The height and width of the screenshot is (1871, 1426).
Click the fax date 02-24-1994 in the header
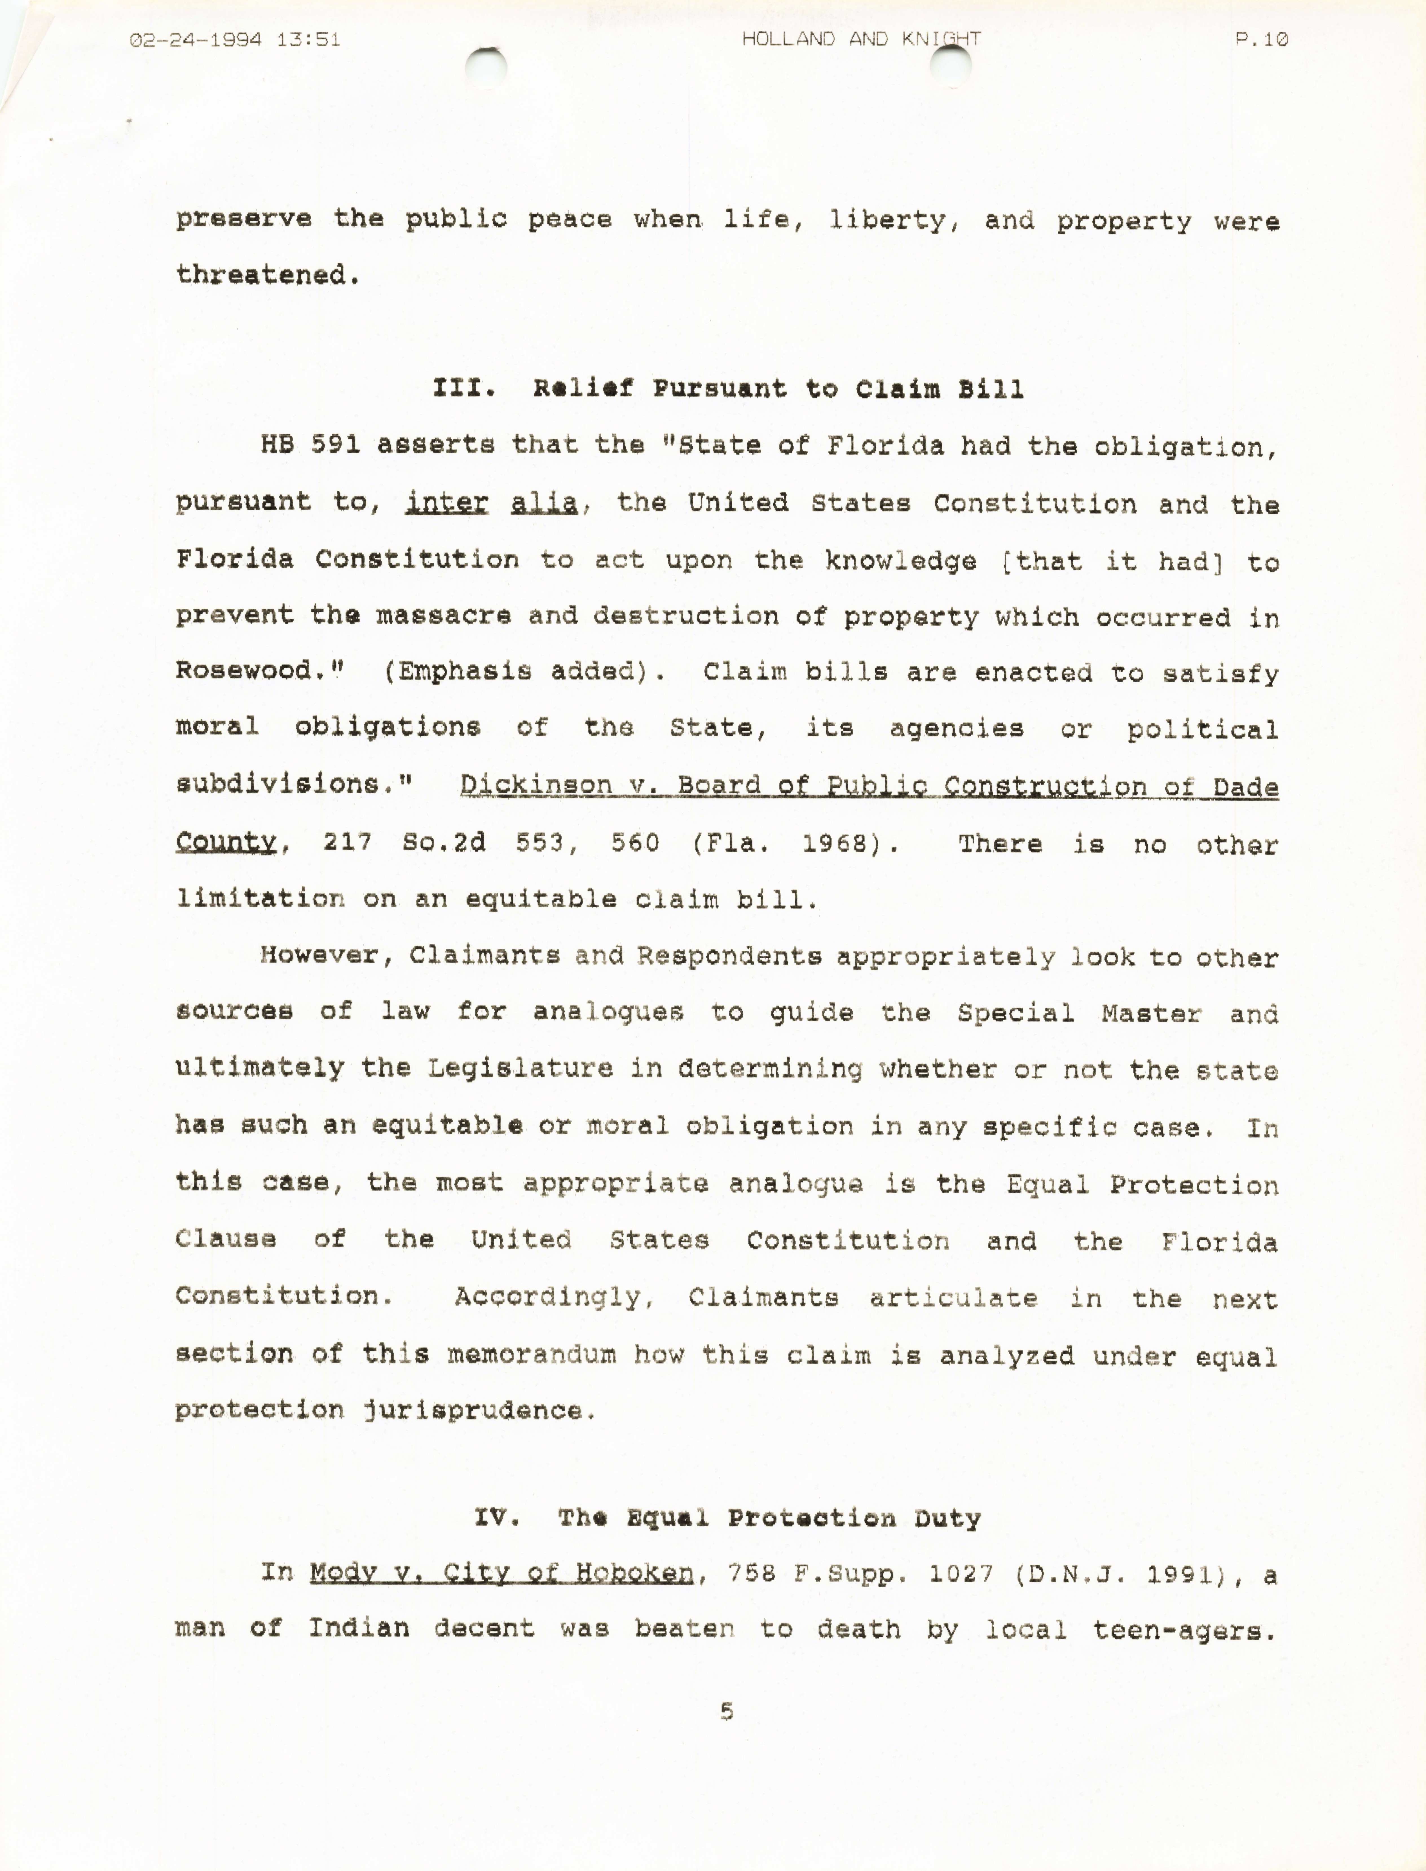(195, 39)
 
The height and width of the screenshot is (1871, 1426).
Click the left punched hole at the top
(487, 66)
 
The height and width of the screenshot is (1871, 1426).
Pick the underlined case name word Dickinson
(536, 784)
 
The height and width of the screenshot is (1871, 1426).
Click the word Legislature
(520, 1068)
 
